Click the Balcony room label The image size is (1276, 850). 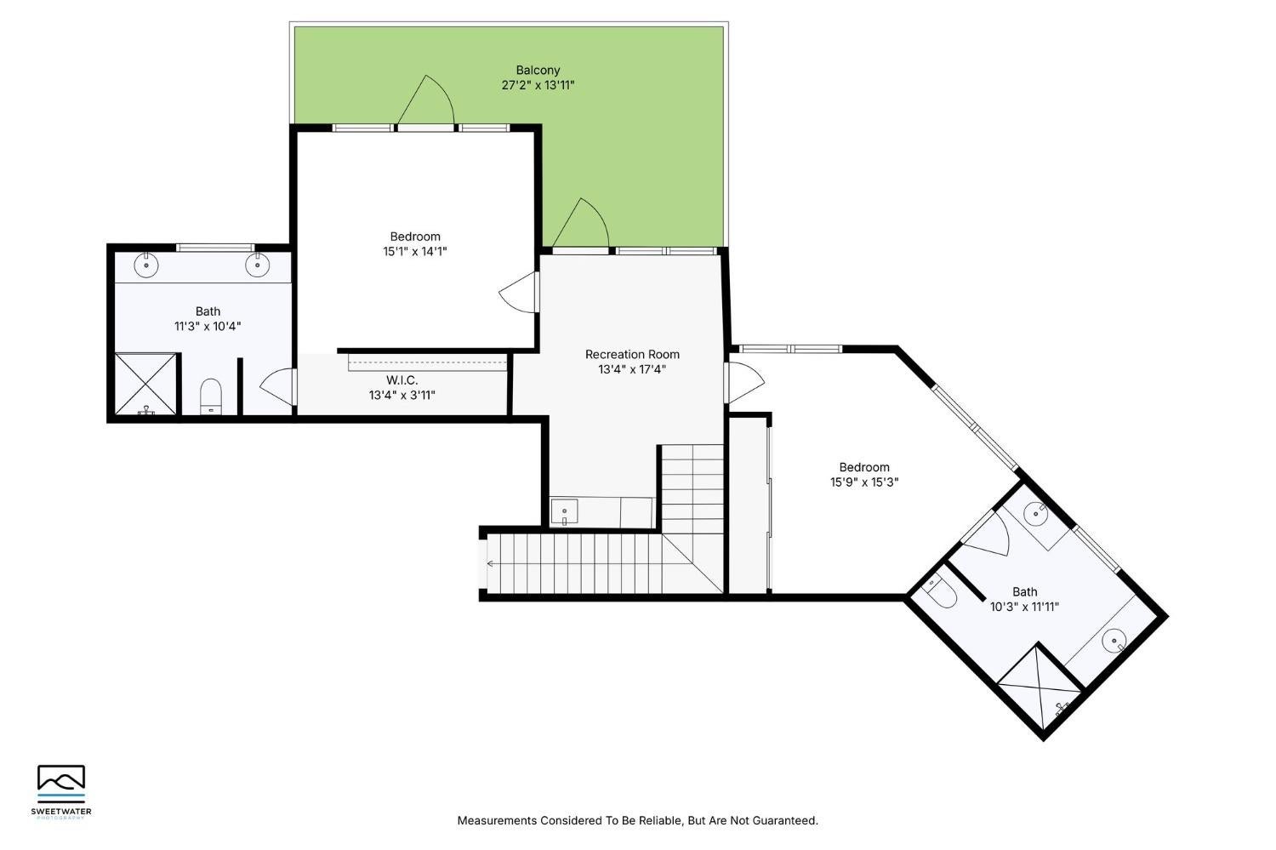tap(538, 71)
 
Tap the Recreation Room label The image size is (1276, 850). tap(632, 354)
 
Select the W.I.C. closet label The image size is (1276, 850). tap(402, 380)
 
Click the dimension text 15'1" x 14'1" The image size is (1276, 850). tap(415, 251)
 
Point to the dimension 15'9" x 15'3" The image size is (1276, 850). tap(864, 482)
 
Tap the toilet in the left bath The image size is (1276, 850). tap(211, 397)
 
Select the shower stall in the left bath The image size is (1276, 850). tap(146, 384)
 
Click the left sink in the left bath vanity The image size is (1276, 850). tap(148, 265)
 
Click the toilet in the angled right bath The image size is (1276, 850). tap(941, 593)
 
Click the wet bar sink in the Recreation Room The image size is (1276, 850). tap(564, 513)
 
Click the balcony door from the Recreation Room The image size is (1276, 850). tap(582, 226)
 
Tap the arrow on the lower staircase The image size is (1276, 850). tap(490, 562)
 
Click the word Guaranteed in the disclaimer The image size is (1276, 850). tap(786, 821)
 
